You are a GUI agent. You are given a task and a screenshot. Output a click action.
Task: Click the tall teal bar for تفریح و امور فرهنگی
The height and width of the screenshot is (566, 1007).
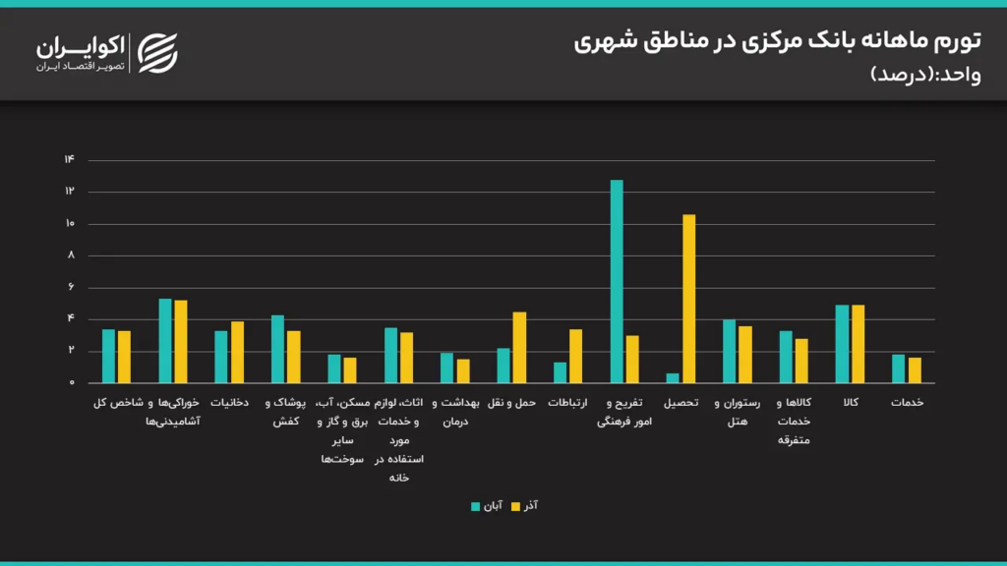(x=617, y=281)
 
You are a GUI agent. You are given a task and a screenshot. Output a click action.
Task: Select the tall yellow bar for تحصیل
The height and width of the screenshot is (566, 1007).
(x=688, y=299)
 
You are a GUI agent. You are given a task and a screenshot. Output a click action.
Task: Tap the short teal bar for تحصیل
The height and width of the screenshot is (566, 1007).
(x=673, y=378)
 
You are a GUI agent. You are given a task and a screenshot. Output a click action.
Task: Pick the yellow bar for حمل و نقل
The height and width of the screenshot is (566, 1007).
(x=519, y=348)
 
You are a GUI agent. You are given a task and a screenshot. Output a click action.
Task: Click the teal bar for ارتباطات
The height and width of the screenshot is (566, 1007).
(x=560, y=372)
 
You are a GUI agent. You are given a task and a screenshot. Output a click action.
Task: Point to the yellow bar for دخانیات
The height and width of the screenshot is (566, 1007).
(x=237, y=352)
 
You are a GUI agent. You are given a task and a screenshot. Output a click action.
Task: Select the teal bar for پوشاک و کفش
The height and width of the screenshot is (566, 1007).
(x=278, y=349)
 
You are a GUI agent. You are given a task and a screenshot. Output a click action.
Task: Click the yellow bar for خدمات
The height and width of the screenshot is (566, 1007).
(x=915, y=370)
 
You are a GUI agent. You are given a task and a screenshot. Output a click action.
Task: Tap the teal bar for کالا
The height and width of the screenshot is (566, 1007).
(x=842, y=344)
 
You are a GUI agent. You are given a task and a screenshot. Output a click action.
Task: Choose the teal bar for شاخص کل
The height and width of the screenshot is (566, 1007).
(x=108, y=356)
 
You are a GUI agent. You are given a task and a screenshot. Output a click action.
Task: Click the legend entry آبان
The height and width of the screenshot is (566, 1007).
(x=487, y=506)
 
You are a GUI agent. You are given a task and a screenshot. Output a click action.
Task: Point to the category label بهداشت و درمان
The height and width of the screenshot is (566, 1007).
(x=455, y=412)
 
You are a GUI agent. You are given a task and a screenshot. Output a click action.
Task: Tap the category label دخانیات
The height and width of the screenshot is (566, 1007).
(x=229, y=403)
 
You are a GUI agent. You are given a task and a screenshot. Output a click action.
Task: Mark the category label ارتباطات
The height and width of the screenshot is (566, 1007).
(x=567, y=403)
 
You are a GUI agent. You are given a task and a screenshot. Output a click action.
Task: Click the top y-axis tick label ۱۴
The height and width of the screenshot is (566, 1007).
(x=69, y=160)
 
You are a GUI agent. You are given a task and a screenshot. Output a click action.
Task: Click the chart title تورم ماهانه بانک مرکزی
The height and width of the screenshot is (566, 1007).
(x=777, y=41)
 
